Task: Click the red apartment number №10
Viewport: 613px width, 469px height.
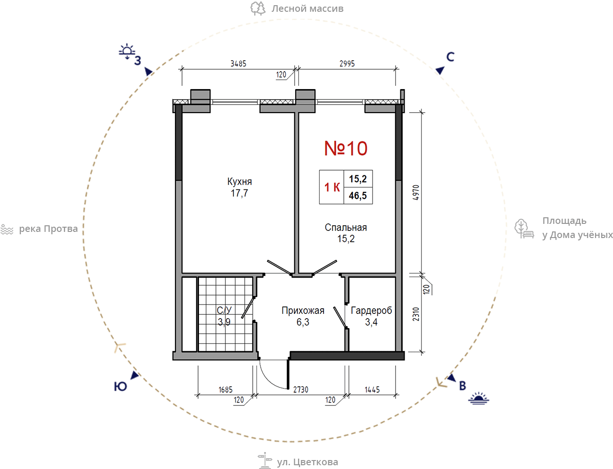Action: point(346,148)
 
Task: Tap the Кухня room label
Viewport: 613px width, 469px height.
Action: point(240,182)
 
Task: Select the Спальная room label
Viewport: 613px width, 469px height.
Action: point(346,228)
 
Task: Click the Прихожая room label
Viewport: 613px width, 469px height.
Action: point(303,311)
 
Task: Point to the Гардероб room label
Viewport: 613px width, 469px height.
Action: point(372,311)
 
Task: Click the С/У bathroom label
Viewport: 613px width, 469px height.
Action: point(224,310)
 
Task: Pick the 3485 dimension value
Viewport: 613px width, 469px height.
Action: point(238,64)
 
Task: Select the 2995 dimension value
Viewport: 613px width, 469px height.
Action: point(347,64)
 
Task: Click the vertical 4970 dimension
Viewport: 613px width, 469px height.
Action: point(416,192)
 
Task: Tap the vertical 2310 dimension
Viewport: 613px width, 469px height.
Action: point(416,314)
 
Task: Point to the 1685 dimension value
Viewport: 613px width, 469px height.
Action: point(225,389)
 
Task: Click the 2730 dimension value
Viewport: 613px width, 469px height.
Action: point(300,389)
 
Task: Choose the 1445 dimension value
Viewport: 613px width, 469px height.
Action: point(372,389)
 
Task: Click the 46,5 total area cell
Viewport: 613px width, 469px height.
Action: point(358,196)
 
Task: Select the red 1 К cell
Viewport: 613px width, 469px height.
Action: point(332,187)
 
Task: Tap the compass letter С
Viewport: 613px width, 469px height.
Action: point(450,57)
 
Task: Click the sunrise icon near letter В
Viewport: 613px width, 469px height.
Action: point(479,398)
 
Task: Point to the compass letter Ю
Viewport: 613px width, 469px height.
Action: point(120,387)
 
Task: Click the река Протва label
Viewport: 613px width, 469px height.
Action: point(48,229)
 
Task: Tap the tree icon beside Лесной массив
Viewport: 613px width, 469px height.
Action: point(258,8)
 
